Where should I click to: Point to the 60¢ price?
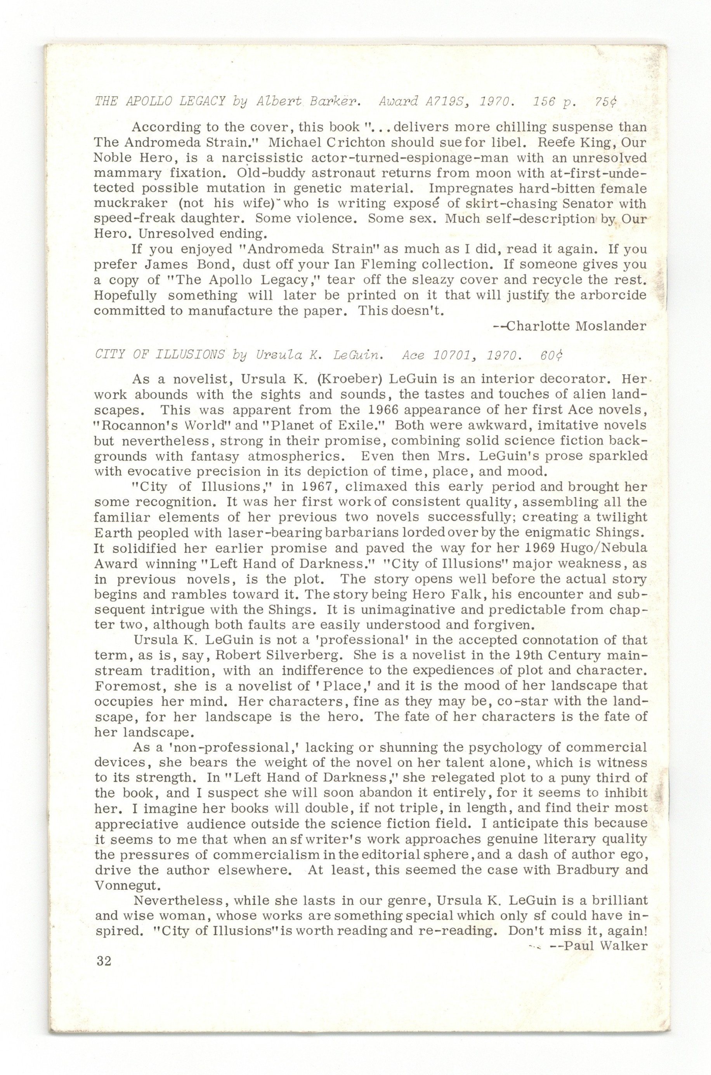(551, 355)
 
